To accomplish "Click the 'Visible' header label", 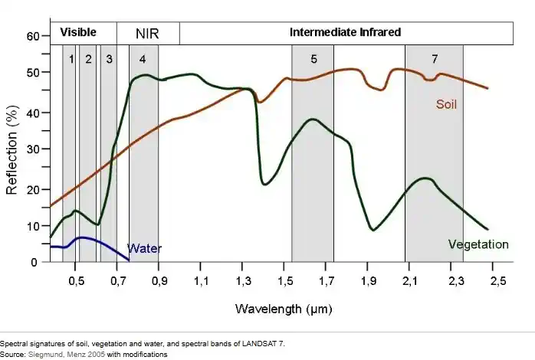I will [78, 32].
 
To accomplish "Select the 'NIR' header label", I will [147, 34].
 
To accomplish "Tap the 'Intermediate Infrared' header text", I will [346, 33].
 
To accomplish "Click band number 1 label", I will [71, 59].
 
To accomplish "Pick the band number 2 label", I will [89, 59].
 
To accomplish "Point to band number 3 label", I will [110, 59].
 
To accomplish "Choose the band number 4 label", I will [143, 59].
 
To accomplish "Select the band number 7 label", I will [435, 59].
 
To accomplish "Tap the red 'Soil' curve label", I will [446, 104].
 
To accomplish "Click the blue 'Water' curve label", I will [144, 248].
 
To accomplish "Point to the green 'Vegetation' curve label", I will [478, 244].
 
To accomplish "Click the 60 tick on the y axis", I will [33, 36].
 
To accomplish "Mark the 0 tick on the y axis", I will [33, 262].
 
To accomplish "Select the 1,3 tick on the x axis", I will [243, 282].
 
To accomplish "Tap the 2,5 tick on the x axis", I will [497, 282].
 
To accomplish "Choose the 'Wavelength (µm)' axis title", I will [281, 309].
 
